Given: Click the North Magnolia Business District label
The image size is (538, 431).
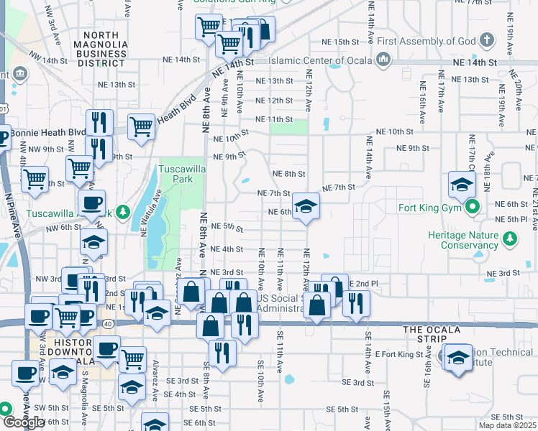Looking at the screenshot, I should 106,49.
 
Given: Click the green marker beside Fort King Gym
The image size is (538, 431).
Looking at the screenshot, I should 473,209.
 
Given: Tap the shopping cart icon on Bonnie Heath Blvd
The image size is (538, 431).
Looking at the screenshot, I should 142,126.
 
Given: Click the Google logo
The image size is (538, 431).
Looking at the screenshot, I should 23,422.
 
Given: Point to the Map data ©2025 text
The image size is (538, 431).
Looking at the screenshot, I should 509,425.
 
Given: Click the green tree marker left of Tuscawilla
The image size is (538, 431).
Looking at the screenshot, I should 123,213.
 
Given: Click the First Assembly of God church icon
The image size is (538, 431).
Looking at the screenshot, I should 487,40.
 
